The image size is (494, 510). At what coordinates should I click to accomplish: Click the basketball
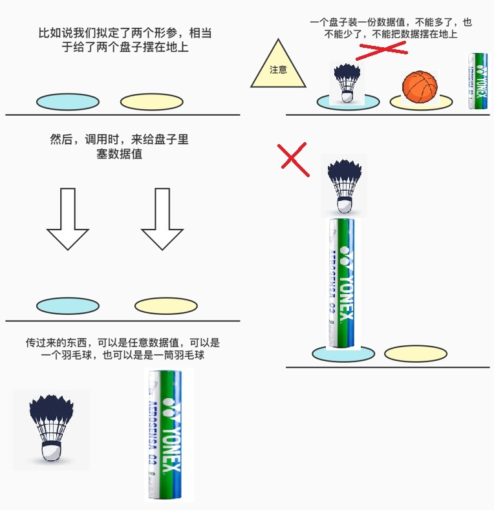click(x=420, y=87)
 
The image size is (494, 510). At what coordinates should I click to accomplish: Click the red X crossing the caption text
click(x=381, y=50)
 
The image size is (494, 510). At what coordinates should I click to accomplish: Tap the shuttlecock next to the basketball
click(x=348, y=83)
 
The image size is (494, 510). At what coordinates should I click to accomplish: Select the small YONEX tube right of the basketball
click(x=477, y=81)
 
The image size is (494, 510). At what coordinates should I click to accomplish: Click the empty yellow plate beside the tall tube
click(x=415, y=354)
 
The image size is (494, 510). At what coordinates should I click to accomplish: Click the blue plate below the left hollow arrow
click(x=67, y=306)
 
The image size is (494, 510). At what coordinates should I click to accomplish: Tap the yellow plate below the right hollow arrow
click(x=166, y=306)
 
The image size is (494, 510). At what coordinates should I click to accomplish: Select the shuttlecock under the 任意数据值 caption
click(x=51, y=428)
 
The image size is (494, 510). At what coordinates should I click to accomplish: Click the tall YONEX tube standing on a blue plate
click(x=342, y=283)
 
